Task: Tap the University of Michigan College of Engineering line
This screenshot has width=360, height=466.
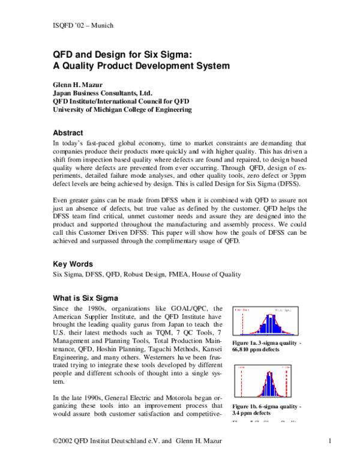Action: pos(122,110)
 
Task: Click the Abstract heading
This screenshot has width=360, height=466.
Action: pos(68,133)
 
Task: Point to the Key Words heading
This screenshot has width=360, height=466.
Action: pos(73,263)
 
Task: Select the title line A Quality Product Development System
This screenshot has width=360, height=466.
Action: pos(142,64)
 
